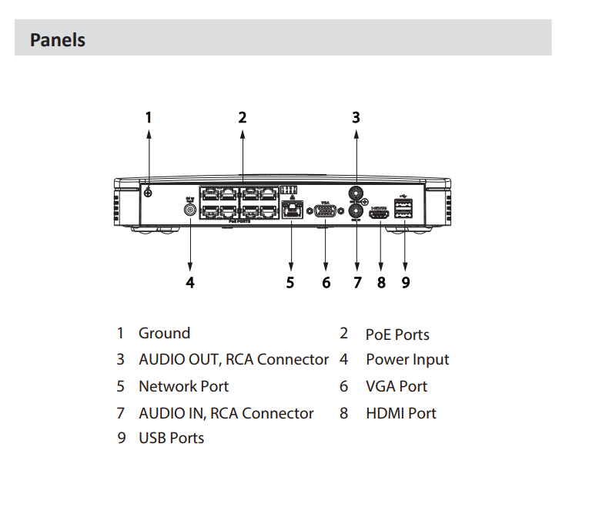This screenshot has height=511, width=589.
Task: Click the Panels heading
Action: click(58, 39)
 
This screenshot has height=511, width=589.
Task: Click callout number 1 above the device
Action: click(149, 117)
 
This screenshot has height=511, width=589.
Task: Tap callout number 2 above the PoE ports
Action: click(242, 117)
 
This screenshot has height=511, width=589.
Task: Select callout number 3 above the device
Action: click(356, 117)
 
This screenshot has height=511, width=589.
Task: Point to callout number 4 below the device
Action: click(190, 282)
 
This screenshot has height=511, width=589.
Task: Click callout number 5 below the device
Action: click(290, 282)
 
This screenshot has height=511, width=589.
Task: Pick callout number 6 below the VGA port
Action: click(326, 282)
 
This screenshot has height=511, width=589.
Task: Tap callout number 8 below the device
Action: click(380, 282)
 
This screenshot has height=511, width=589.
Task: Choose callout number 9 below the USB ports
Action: click(405, 282)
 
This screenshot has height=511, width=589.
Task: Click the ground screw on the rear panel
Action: click(148, 193)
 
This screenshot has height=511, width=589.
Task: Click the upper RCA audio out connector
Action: click(356, 192)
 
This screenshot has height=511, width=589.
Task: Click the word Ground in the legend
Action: click(164, 333)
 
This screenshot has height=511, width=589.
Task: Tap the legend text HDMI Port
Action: click(400, 413)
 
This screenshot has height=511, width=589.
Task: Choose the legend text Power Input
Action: click(407, 359)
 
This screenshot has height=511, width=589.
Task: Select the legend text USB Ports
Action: click(171, 438)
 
